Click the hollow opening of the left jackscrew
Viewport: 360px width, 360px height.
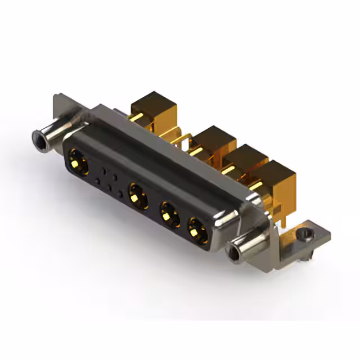[x=40, y=137]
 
